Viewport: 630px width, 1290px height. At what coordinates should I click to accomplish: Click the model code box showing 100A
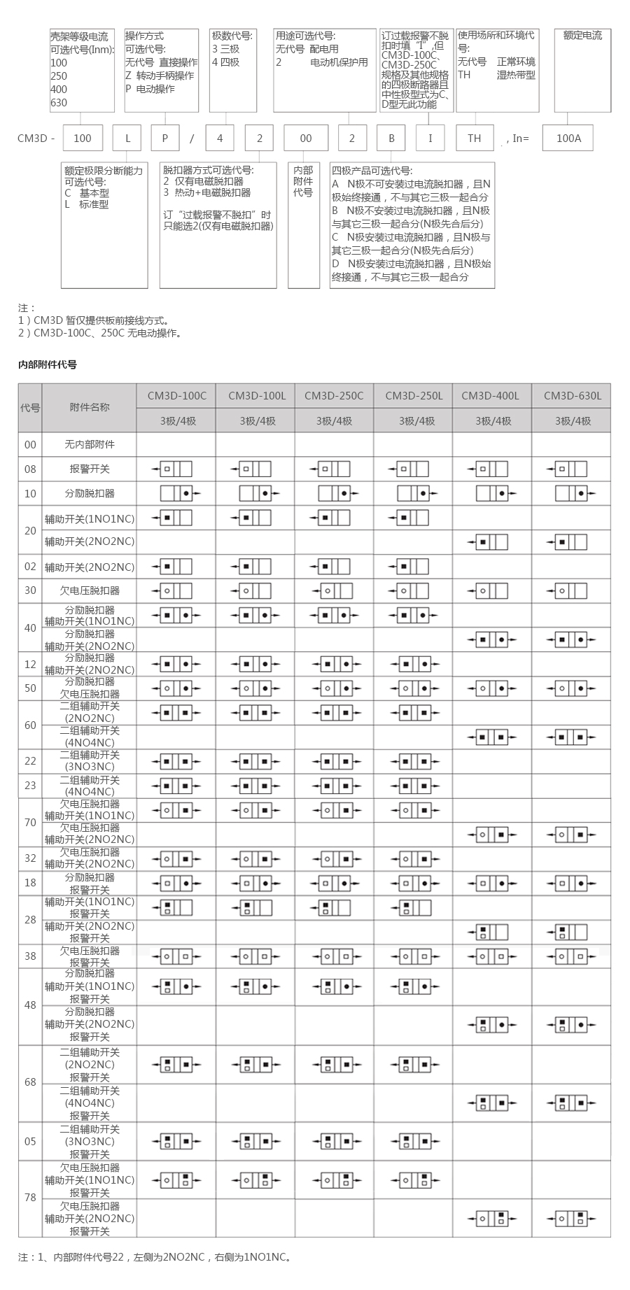pyautogui.click(x=568, y=138)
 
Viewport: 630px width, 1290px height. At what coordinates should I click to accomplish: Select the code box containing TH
pyautogui.click(x=474, y=138)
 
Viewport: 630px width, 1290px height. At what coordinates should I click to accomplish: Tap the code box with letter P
pyautogui.click(x=165, y=138)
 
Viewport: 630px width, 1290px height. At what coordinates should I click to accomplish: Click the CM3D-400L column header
pyautogui.click(x=491, y=396)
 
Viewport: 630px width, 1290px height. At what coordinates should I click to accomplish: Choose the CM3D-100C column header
pyautogui.click(x=176, y=396)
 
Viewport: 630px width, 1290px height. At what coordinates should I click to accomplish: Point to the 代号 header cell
pyautogui.click(x=30, y=408)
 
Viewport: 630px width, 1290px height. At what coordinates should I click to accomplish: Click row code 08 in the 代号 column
pyautogui.click(x=30, y=469)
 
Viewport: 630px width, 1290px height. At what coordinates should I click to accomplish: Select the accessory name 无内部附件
pyautogui.click(x=90, y=445)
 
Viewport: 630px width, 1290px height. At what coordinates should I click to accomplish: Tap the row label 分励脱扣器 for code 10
pyautogui.click(x=90, y=493)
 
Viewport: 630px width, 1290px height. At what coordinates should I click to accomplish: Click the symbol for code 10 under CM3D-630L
pyautogui.click(x=571, y=494)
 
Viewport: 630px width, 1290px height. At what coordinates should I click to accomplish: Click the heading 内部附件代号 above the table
pyautogui.click(x=48, y=364)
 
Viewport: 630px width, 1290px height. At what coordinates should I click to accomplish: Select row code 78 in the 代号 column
pyautogui.click(x=30, y=1198)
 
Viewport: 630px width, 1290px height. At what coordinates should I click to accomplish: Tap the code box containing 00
pyautogui.click(x=306, y=138)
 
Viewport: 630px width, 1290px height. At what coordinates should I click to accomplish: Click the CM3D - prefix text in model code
pyautogui.click(x=36, y=138)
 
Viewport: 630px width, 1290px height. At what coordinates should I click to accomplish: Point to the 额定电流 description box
pyautogui.click(x=582, y=70)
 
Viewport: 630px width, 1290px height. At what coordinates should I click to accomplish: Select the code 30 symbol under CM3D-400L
pyautogui.click(x=491, y=591)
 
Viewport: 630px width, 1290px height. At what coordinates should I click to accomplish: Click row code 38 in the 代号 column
pyautogui.click(x=30, y=956)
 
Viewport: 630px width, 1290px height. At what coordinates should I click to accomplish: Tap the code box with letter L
pyautogui.click(x=127, y=138)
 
